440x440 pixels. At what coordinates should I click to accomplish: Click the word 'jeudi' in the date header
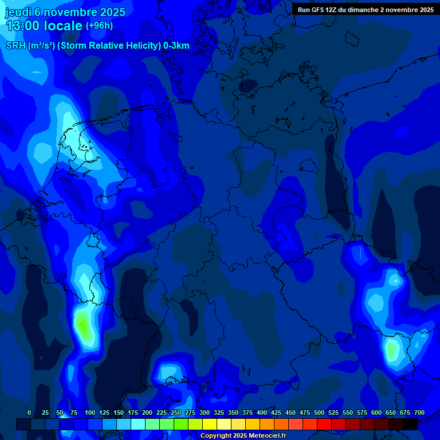pyautogui.click(x=18, y=12)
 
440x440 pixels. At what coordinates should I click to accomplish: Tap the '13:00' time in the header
pyautogui.click(x=23, y=26)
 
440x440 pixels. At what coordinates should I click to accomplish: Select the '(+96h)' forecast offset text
pyautogui.click(x=99, y=26)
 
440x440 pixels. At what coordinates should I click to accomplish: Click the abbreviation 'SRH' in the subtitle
pyautogui.click(x=16, y=46)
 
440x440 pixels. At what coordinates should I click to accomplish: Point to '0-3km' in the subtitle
pyautogui.click(x=176, y=46)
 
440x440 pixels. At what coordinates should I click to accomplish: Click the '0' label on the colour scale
pyautogui.click(x=29, y=412)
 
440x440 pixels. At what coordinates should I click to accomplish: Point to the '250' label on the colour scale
pyautogui.click(x=176, y=412)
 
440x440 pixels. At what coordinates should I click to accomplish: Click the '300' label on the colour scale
pyautogui.click(x=205, y=412)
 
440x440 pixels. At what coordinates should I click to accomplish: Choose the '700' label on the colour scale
pyautogui.click(x=419, y=412)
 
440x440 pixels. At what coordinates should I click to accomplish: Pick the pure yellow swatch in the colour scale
pyautogui.click(x=210, y=425)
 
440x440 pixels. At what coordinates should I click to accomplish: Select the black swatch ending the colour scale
pyautogui.click(x=410, y=425)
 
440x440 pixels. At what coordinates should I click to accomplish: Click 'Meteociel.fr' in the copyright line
pyautogui.click(x=267, y=436)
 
